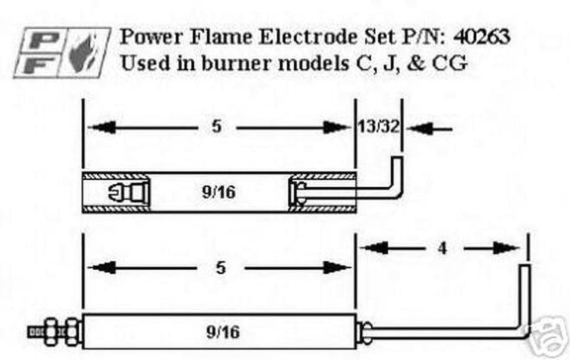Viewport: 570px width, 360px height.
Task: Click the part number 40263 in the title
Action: pos(481,38)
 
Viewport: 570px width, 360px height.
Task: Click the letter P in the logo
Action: pos(41,39)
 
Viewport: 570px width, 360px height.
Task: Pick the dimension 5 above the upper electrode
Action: pos(217,127)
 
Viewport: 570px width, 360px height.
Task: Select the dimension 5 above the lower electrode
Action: pos(220,268)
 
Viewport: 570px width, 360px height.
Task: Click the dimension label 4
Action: pos(442,248)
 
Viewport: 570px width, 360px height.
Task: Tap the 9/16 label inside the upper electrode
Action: pos(218,192)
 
